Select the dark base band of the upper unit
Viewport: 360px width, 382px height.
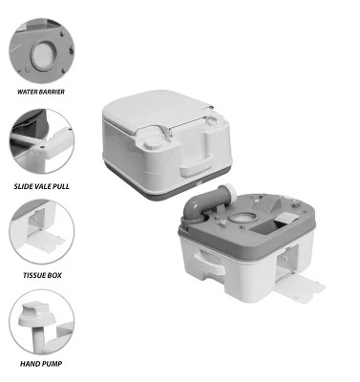tap(162, 184)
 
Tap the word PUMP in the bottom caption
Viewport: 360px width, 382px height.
tap(56, 364)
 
